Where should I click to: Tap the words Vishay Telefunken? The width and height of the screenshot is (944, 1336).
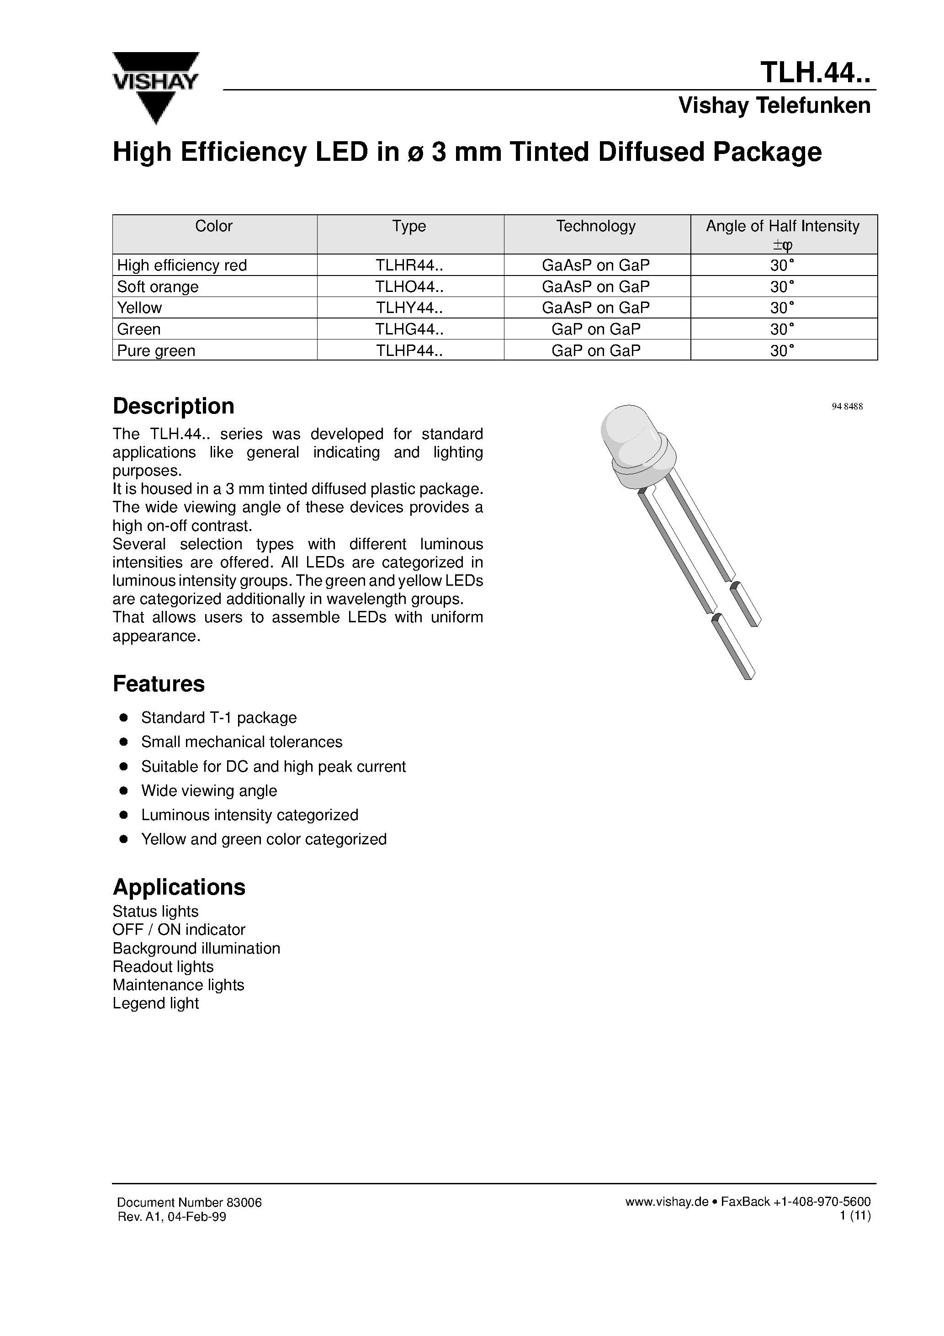coord(774,106)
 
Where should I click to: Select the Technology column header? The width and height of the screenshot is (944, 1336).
coord(595,226)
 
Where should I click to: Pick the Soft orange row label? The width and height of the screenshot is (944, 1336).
coord(158,287)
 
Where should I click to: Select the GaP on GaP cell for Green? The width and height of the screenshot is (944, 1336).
coord(595,329)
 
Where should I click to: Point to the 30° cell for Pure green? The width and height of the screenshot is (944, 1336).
coord(782,351)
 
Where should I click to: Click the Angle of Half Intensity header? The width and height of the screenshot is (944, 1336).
coord(782,226)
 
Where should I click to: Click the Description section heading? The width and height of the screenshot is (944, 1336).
coord(174,406)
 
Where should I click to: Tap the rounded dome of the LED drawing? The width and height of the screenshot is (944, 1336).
coord(626,430)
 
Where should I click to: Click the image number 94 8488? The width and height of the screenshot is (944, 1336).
coord(847,407)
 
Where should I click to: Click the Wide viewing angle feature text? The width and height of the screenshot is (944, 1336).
coord(209,791)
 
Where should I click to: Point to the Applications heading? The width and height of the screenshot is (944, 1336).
coord(179,887)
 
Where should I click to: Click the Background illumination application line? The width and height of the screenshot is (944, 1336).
coord(196,949)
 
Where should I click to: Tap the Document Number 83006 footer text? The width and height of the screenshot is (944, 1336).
coord(189,1203)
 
